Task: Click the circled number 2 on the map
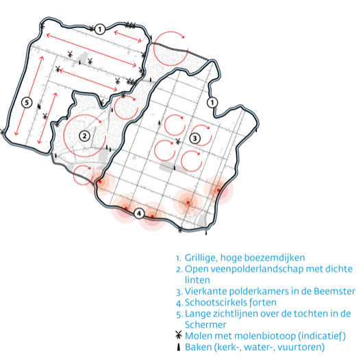pyautogui.click(x=84, y=136)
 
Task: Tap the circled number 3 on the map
pyautogui.click(x=195, y=139)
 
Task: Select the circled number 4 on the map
pyautogui.click(x=139, y=214)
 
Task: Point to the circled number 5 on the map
pyautogui.click(x=27, y=102)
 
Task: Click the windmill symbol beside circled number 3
pyautogui.click(x=177, y=141)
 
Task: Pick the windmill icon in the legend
pyautogui.click(x=178, y=335)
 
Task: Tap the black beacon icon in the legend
pyautogui.click(x=178, y=347)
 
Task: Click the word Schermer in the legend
pyautogui.click(x=206, y=325)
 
